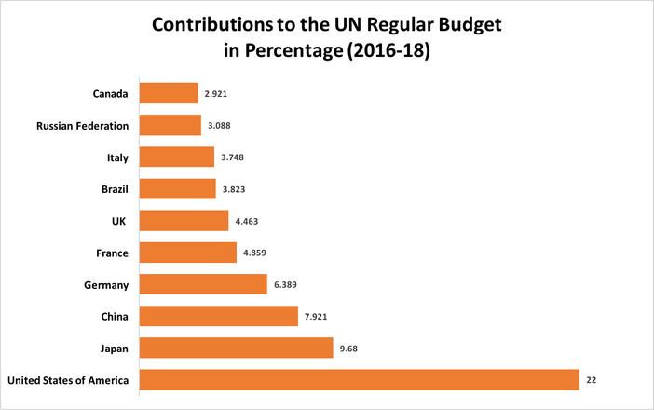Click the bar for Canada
pos(169,93)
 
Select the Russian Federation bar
pos(170,125)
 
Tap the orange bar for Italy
pos(177,157)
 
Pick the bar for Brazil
pos(178,189)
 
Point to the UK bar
pos(184,220)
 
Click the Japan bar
pos(236,348)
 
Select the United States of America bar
pos(359,379)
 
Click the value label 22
pos(592,380)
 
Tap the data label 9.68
pos(349,348)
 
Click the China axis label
pos(115,316)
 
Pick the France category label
pos(112,253)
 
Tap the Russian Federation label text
pos(82,125)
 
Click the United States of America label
pos(68,379)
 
